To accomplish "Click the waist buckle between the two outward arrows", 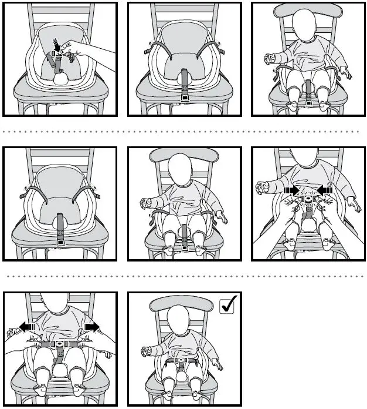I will click(x=59, y=344).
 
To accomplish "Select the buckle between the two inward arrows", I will click(x=307, y=199).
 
